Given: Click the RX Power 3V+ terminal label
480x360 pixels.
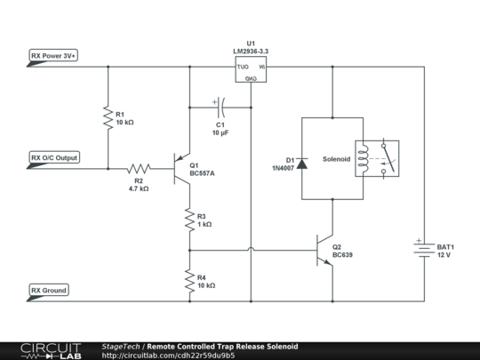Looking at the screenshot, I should [53, 56].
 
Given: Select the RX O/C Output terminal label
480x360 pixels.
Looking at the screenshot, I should [54, 158].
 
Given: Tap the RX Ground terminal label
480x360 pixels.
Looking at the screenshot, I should [49, 291].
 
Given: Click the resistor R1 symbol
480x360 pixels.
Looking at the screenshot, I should [107, 118].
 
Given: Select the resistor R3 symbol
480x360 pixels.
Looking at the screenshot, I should [188, 219].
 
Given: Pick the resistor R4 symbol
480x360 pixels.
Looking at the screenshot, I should [188, 281].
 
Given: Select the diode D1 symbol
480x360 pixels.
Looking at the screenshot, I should [303, 163].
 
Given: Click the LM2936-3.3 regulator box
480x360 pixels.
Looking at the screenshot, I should [251, 71].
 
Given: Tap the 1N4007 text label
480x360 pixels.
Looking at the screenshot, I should [284, 167].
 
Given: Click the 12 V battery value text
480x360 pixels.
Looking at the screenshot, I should [444, 255].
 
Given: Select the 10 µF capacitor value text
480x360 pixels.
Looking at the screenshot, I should [221, 132].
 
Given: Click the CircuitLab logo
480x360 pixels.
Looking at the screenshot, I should [47, 350].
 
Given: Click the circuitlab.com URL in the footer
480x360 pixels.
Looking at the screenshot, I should [169, 356].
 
